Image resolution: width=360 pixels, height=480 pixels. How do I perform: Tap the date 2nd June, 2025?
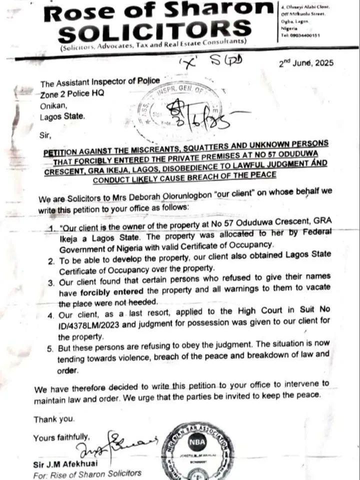(305, 63)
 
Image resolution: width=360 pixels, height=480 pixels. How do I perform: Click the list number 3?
(49, 282)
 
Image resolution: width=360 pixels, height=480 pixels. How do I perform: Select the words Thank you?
(54, 418)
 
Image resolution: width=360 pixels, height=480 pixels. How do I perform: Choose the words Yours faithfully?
(61, 437)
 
